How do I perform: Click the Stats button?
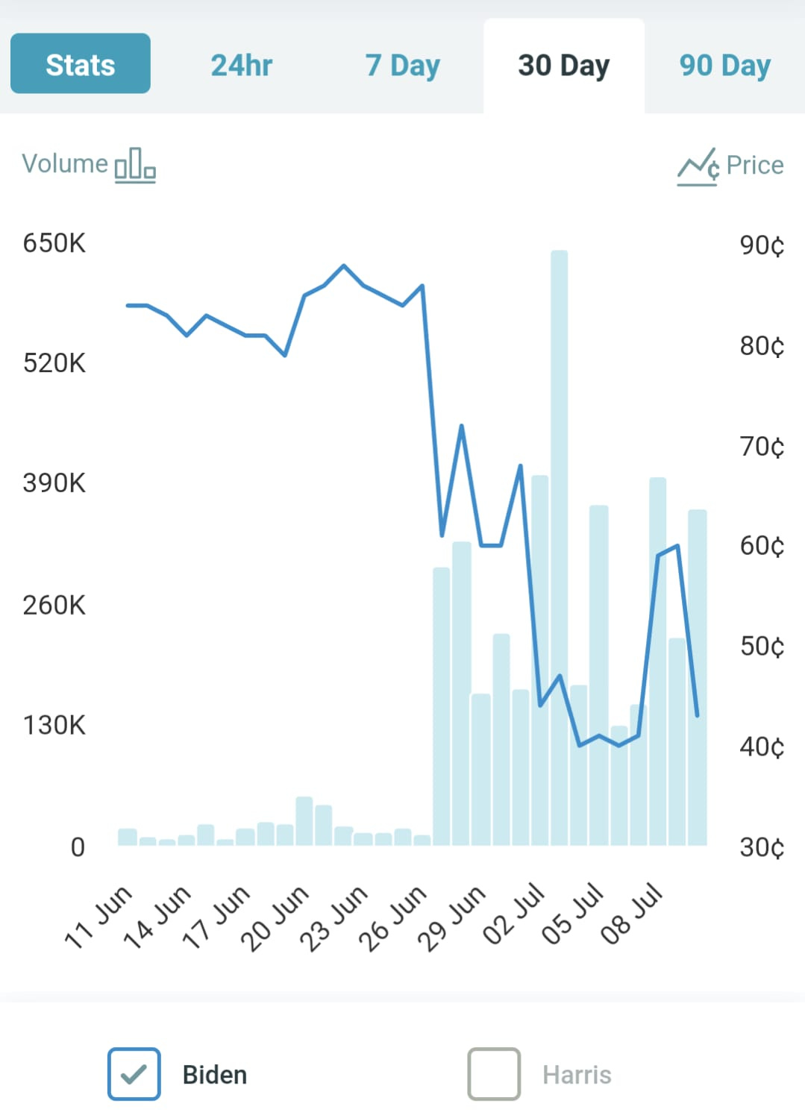click(x=81, y=64)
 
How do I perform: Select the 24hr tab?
click(x=241, y=66)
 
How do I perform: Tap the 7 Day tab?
click(x=402, y=66)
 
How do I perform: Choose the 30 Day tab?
click(x=563, y=66)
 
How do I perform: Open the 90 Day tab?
click(x=724, y=66)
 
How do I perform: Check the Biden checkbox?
click(x=134, y=1074)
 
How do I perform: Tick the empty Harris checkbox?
click(x=494, y=1074)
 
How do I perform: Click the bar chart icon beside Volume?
click(x=135, y=165)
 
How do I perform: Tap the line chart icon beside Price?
click(x=698, y=166)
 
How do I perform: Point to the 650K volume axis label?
click(x=54, y=243)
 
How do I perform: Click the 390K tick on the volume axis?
click(x=54, y=483)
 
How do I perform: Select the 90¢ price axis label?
click(x=762, y=245)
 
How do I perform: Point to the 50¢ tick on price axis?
click(x=762, y=646)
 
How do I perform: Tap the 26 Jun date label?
click(x=393, y=917)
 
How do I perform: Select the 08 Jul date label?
click(x=633, y=913)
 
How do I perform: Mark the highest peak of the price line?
click(x=343, y=266)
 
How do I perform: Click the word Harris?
click(x=577, y=1075)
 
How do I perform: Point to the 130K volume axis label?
click(x=54, y=725)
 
